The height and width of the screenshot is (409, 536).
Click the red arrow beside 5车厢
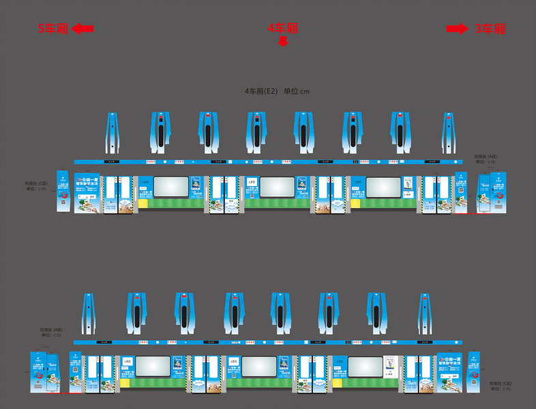pyautogui.click(x=82, y=29)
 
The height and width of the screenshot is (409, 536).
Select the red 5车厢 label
pyautogui.click(x=53, y=29)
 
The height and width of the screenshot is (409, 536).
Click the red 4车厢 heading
pyautogui.click(x=282, y=28)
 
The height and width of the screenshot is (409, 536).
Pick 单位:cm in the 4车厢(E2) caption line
pyautogui.click(x=297, y=91)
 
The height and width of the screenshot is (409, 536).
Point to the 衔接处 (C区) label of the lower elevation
pyautogui.click(x=501, y=384)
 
